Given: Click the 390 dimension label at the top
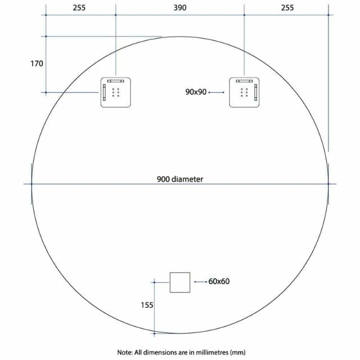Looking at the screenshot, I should click(x=179, y=7).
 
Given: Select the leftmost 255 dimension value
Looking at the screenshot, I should click(x=80, y=7).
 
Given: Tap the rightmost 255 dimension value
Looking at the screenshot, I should click(x=286, y=7).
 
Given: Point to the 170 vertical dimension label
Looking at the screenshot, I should click(x=37, y=64).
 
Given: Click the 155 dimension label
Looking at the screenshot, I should click(x=146, y=305).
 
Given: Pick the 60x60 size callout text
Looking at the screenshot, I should click(x=219, y=281).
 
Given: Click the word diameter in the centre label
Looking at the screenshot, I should click(x=188, y=179).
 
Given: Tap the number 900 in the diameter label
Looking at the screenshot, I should click(x=164, y=179).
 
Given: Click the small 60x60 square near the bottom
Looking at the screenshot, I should click(x=181, y=282).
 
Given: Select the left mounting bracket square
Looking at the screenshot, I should click(x=115, y=92).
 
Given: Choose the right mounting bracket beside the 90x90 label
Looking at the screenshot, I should click(x=244, y=92).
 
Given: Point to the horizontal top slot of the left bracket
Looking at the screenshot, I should click(x=115, y=81).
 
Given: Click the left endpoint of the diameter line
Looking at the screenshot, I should click(x=31, y=183).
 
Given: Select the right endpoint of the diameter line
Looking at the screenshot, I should click(x=328, y=183).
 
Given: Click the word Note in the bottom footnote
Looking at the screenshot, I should click(x=124, y=352).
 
